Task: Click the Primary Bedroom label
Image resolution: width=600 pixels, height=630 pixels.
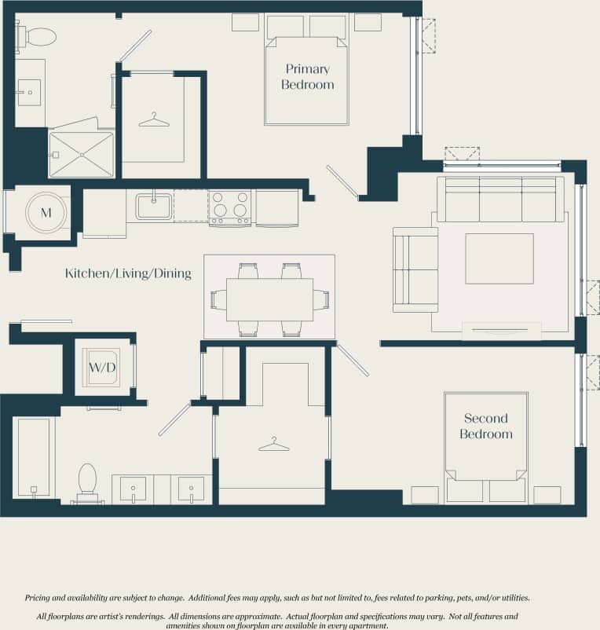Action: tap(307, 77)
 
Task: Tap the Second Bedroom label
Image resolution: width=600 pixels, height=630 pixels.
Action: tap(485, 427)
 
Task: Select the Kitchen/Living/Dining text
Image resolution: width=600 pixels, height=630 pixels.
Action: tap(128, 274)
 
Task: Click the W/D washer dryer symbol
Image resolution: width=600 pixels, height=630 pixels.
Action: tap(103, 368)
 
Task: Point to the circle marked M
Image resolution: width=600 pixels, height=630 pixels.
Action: tap(46, 212)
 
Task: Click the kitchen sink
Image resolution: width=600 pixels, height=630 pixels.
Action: tap(153, 207)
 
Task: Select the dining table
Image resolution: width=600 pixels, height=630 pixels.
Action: tap(269, 299)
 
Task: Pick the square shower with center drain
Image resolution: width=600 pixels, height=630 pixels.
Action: tap(81, 155)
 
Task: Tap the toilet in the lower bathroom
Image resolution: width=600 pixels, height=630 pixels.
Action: tap(87, 482)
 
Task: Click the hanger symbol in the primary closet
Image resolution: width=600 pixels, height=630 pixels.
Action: tap(154, 120)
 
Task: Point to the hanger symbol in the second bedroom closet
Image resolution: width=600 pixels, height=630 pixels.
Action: tap(273, 445)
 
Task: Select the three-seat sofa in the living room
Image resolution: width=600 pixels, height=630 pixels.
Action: tap(500, 200)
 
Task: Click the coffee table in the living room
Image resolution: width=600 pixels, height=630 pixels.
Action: tap(499, 258)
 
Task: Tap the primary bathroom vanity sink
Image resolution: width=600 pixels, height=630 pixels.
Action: tap(29, 93)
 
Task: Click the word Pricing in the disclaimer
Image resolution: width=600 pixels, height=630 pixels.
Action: tap(42, 598)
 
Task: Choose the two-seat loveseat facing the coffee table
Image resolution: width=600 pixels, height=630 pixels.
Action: tap(415, 269)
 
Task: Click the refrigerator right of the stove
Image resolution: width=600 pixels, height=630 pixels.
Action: tap(276, 207)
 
